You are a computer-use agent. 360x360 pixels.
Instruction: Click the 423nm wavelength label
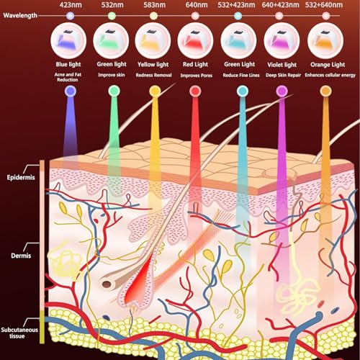click(x=71, y=5)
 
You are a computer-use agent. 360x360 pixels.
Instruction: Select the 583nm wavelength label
click(x=155, y=5)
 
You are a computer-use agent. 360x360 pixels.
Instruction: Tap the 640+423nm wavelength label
click(x=280, y=5)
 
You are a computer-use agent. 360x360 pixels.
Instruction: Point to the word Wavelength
click(x=20, y=16)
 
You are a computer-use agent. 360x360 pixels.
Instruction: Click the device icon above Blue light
click(x=68, y=40)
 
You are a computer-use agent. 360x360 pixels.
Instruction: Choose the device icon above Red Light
click(x=195, y=40)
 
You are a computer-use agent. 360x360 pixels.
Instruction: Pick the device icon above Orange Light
click(x=325, y=40)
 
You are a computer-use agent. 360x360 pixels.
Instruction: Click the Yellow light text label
click(x=153, y=65)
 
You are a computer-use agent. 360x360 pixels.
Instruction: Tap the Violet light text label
click(x=282, y=65)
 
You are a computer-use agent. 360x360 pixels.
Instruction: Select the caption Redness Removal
click(x=153, y=75)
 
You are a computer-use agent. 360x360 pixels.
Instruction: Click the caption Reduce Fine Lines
click(x=241, y=75)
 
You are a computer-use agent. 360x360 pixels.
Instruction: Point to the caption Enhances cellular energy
click(x=330, y=75)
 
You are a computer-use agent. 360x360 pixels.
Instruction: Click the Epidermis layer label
click(x=21, y=178)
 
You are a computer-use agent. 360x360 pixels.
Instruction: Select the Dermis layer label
click(x=21, y=256)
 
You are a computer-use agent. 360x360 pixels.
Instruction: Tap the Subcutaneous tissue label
click(x=19, y=333)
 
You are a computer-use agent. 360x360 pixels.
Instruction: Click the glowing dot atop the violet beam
click(x=282, y=91)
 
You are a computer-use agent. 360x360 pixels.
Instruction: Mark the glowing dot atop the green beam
click(x=114, y=91)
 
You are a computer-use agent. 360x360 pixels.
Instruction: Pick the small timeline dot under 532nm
click(x=112, y=16)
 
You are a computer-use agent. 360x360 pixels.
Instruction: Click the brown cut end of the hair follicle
click(x=107, y=284)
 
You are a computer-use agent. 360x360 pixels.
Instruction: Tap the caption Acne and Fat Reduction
click(x=68, y=77)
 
